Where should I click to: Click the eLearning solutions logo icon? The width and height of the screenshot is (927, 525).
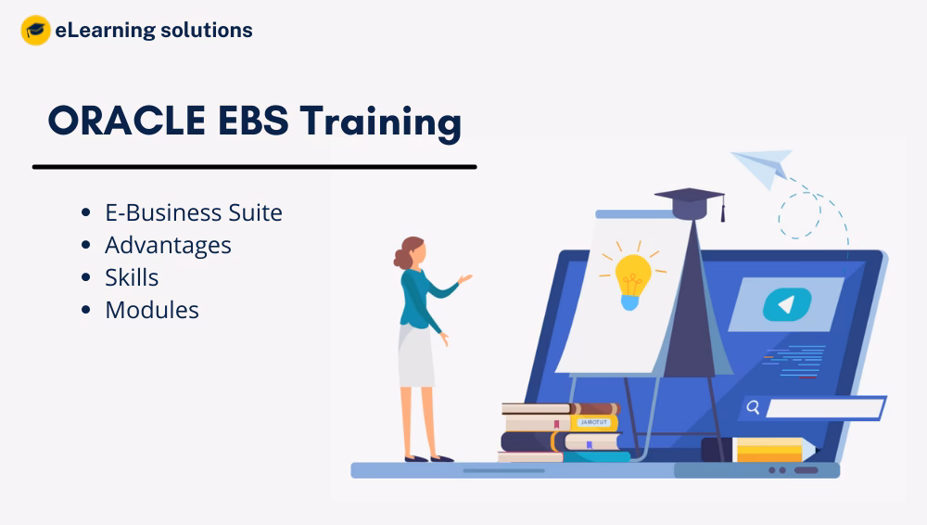click(35, 31)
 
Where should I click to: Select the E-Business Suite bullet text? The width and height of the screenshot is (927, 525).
click(193, 212)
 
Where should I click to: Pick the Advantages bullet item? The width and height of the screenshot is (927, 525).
click(168, 245)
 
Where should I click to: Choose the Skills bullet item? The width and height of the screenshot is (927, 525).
click(132, 277)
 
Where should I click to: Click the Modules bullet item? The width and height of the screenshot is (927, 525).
click(152, 310)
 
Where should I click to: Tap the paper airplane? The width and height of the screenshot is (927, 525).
click(761, 167)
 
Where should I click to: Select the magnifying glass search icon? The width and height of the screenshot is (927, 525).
click(754, 407)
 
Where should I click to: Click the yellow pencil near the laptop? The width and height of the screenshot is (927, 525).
click(774, 450)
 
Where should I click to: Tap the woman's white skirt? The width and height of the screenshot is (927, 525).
click(416, 356)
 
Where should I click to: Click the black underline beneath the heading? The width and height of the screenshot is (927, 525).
click(254, 167)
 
